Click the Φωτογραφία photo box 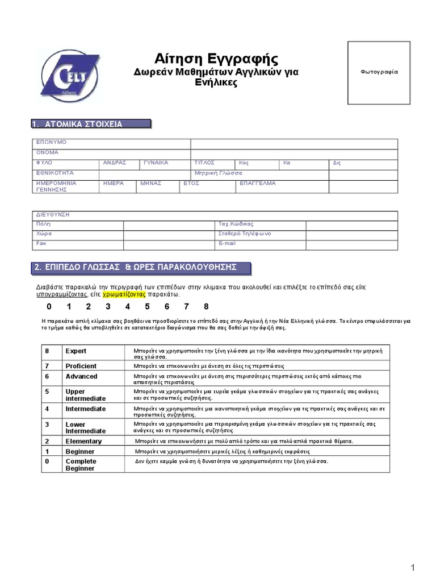[x=379, y=72]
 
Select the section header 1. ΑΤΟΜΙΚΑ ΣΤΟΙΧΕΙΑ [x=91, y=124]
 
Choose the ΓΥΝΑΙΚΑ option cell [x=156, y=163]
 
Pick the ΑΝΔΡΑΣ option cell [x=114, y=163]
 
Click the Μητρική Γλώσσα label [x=218, y=173]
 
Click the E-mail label [x=227, y=243]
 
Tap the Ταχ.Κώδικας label [x=236, y=224]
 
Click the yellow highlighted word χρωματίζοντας [x=124, y=294]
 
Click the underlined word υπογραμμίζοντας [x=61, y=294]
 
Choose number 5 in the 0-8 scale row [x=147, y=307]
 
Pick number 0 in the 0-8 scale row [x=49, y=307]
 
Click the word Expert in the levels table [x=76, y=351]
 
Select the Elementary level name [x=83, y=441]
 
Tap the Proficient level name [x=81, y=366]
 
